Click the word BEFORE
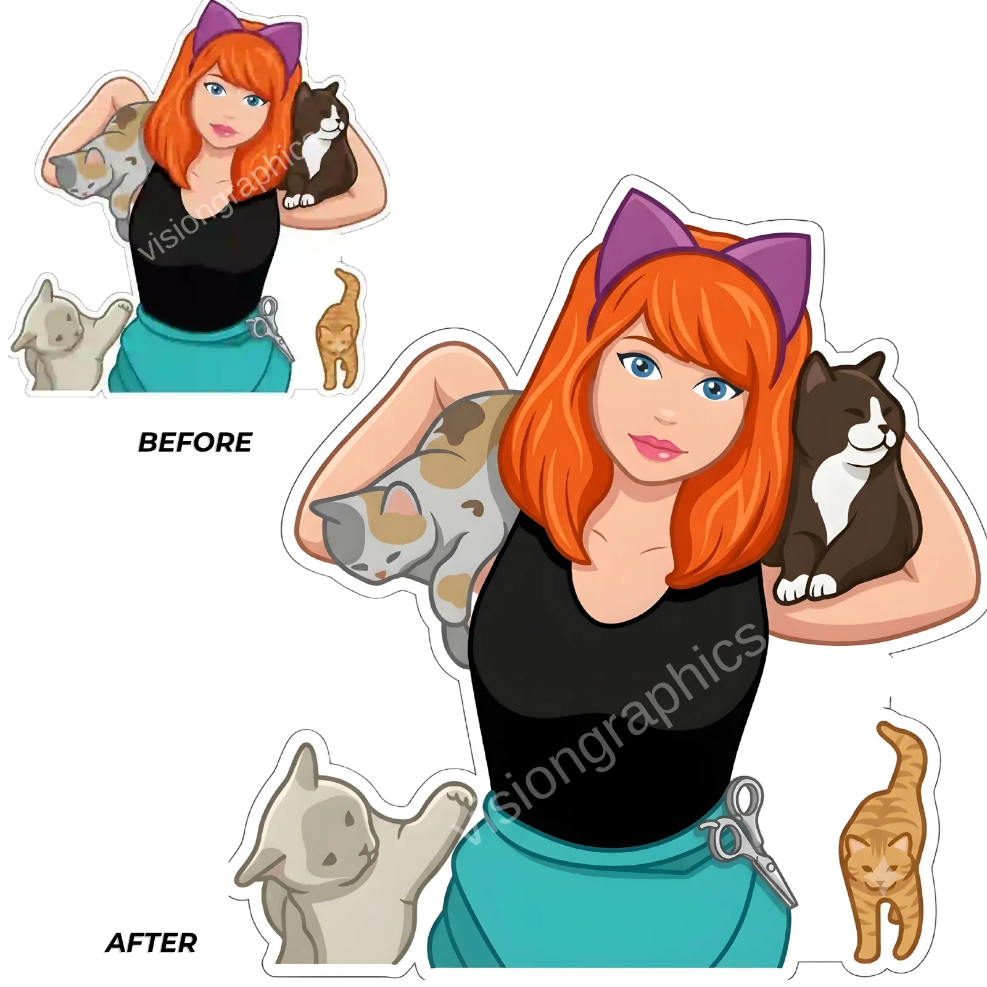pyautogui.click(x=195, y=442)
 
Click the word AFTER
pyautogui.click(x=152, y=942)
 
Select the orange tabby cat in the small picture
pyautogui.click(x=337, y=328)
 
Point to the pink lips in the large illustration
pyautogui.click(x=658, y=445)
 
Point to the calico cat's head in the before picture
pyautogui.click(x=77, y=173)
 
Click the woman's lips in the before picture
pyautogui.click(x=223, y=130)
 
